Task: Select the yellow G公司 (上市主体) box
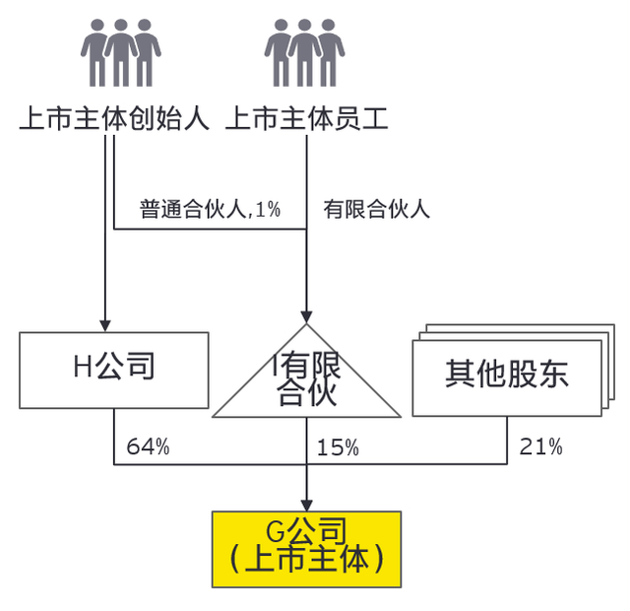[306, 547]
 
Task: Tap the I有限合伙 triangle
[307, 379]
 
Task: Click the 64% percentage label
[148, 446]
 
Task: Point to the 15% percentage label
[337, 446]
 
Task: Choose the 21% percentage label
[540, 446]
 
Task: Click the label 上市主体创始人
[114, 119]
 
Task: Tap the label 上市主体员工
[307, 119]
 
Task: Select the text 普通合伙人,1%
[210, 209]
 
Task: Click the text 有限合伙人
[376, 209]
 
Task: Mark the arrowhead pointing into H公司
[105, 324]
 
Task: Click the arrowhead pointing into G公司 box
[307, 504]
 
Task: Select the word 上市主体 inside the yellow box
[306, 560]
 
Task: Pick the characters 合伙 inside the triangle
[307, 394]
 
